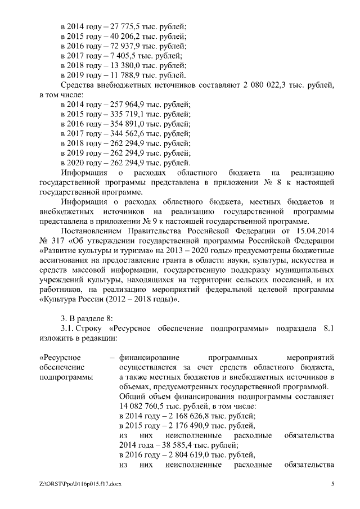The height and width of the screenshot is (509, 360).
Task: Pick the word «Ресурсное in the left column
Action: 61,358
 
